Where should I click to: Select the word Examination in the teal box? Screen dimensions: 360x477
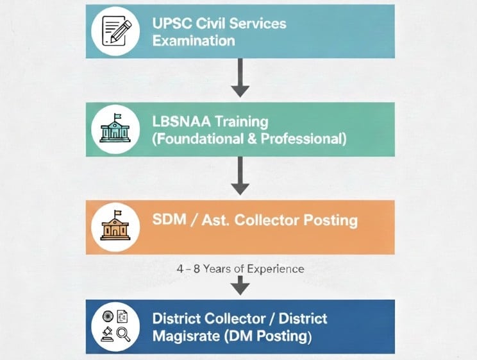coord(194,41)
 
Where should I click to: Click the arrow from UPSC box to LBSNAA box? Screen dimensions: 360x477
coord(240,77)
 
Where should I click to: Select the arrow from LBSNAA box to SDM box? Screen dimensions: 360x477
coord(240,175)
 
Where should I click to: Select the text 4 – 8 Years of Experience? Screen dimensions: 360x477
coord(240,268)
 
